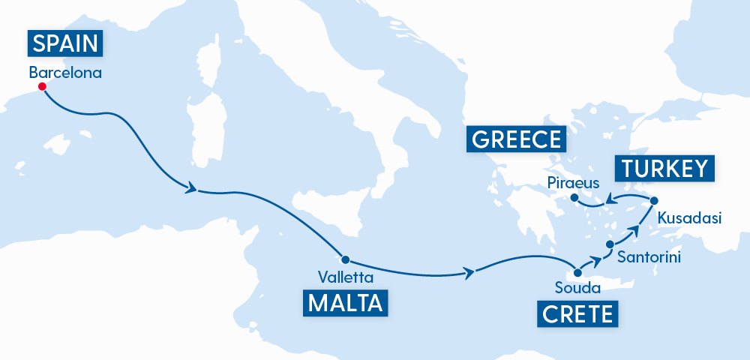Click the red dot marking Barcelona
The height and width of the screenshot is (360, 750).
(42, 87)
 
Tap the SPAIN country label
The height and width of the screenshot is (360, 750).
(66, 43)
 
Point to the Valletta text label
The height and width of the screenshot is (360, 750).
(346, 277)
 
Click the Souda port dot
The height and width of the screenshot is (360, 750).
(577, 272)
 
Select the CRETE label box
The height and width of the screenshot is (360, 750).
(577, 313)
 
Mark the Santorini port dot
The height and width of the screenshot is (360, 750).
(609, 245)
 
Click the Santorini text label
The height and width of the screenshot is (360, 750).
(649, 257)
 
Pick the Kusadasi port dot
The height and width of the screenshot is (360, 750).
(654, 200)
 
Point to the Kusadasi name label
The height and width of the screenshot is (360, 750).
(688, 219)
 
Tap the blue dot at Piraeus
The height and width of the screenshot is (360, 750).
(574, 198)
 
